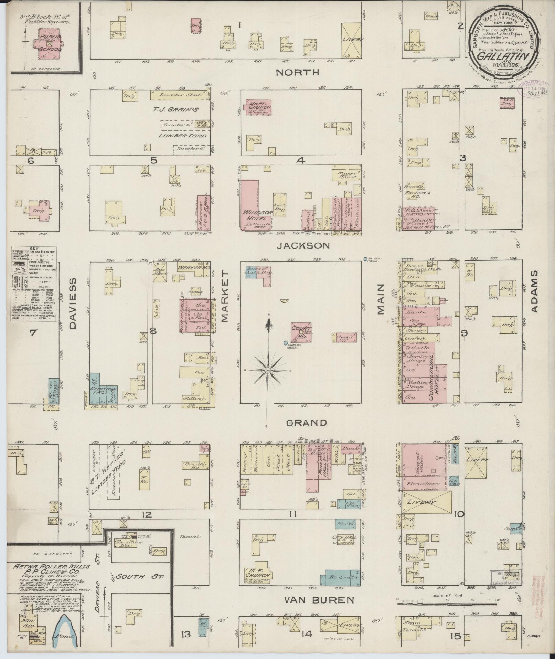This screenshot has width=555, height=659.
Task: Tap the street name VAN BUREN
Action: (319, 600)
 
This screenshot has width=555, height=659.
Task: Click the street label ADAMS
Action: (534, 291)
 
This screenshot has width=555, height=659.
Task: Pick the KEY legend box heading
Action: (34, 248)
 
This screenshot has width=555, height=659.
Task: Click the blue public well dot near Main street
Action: (366, 258)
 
